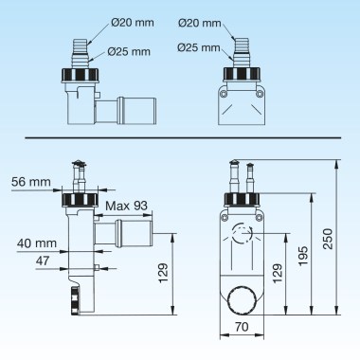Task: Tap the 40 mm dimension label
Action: (39, 243)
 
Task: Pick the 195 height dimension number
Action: (303, 253)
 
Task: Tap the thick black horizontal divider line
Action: (180, 138)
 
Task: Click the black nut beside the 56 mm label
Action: (76, 199)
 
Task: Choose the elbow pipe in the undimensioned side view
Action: (119, 108)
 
